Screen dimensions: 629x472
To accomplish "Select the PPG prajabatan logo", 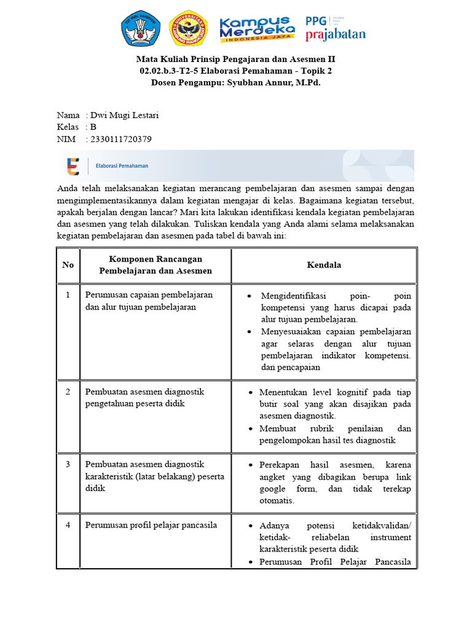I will (x=335, y=28).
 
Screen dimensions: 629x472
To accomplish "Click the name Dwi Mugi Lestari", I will (x=124, y=115).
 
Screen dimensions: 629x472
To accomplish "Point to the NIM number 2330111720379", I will (x=120, y=139).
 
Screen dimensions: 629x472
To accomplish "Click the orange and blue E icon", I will (x=73, y=166).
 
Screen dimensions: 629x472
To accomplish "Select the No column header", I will (x=68, y=265).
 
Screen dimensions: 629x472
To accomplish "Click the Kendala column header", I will (x=324, y=265).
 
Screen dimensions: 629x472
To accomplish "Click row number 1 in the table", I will (x=68, y=295).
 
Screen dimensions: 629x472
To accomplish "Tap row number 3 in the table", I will (x=68, y=464).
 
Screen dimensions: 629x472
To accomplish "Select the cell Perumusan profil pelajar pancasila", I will (x=151, y=525).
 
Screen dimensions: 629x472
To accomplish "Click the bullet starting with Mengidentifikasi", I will (x=336, y=307).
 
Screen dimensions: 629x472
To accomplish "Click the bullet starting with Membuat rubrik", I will (x=335, y=434).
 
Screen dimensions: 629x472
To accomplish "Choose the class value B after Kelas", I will (x=93, y=127).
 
